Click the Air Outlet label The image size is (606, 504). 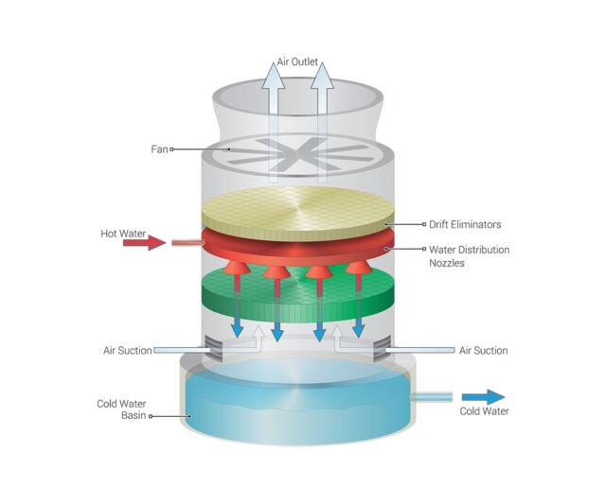click(x=297, y=62)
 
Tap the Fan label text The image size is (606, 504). click(x=159, y=149)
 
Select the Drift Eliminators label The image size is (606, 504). click(x=465, y=225)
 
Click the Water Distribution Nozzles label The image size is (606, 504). click(x=470, y=256)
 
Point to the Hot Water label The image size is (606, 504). click(x=123, y=234)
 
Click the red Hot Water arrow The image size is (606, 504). click(x=144, y=243)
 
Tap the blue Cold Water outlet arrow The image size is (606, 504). click(x=483, y=397)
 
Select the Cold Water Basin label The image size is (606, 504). click(x=121, y=409)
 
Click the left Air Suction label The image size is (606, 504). click(x=128, y=351)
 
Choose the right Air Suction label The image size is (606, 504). click(x=484, y=351)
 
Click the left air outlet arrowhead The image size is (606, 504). click(x=274, y=76)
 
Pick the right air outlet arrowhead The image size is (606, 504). click(x=322, y=76)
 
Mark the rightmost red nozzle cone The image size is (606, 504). click(x=359, y=267)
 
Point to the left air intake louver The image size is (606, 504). click(x=212, y=348)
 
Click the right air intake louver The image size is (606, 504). click(x=383, y=348)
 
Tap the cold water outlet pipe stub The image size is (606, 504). click(x=432, y=397)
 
